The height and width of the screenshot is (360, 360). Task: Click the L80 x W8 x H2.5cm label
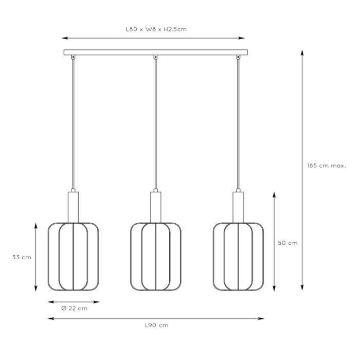pyautogui.click(x=156, y=29)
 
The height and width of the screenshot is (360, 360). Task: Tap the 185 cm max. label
pyautogui.click(x=327, y=166)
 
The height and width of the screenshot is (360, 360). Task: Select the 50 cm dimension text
pyautogui.click(x=287, y=243)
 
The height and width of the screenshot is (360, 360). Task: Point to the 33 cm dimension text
pyautogui.click(x=22, y=257)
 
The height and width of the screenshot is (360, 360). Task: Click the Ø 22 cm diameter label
pyautogui.click(x=75, y=308)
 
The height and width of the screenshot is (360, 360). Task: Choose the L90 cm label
pyautogui.click(x=156, y=325)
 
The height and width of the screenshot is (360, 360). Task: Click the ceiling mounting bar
pyautogui.click(x=156, y=52)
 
